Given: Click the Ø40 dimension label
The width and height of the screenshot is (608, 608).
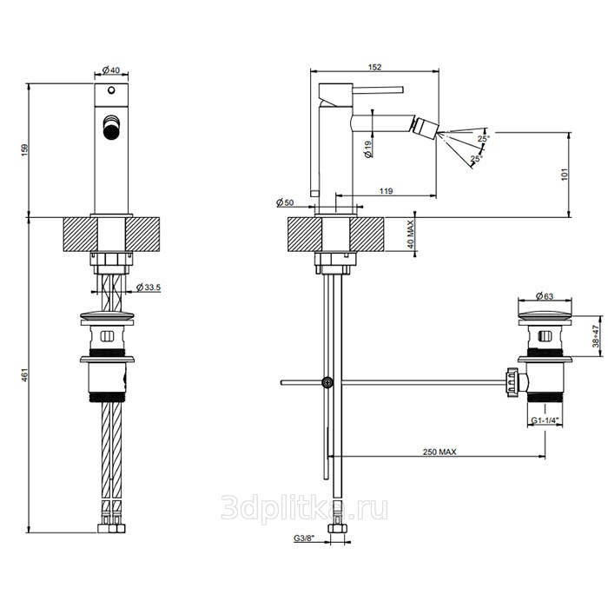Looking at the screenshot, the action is (111, 70).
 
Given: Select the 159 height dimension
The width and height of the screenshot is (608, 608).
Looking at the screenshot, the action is (25, 149).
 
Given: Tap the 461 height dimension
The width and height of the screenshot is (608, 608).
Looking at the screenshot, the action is (25, 375).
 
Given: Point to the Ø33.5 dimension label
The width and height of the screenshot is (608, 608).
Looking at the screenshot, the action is (149, 287).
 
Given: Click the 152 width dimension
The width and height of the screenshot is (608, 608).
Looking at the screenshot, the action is (374, 67).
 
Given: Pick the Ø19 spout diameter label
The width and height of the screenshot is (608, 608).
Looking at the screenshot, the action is (368, 149).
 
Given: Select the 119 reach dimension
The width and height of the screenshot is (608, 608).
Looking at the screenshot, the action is (386, 191).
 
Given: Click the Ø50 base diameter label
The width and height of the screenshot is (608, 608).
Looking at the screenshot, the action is (285, 202).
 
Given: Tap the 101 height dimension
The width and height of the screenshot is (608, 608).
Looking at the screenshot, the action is (565, 174).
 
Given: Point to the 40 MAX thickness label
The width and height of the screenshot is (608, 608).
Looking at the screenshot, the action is (411, 234).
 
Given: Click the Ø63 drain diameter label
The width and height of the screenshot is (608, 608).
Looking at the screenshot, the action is (545, 296).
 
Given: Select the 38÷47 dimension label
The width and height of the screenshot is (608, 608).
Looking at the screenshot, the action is (596, 336).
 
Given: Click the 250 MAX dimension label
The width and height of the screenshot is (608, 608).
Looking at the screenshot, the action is (439, 452).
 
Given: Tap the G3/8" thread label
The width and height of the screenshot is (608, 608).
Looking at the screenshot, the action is (303, 538).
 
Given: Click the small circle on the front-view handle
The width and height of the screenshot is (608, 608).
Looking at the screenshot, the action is (111, 90).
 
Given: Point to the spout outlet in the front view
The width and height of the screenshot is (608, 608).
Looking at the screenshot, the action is (111, 127).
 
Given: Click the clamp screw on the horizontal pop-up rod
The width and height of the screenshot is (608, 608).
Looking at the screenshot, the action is (328, 382).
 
